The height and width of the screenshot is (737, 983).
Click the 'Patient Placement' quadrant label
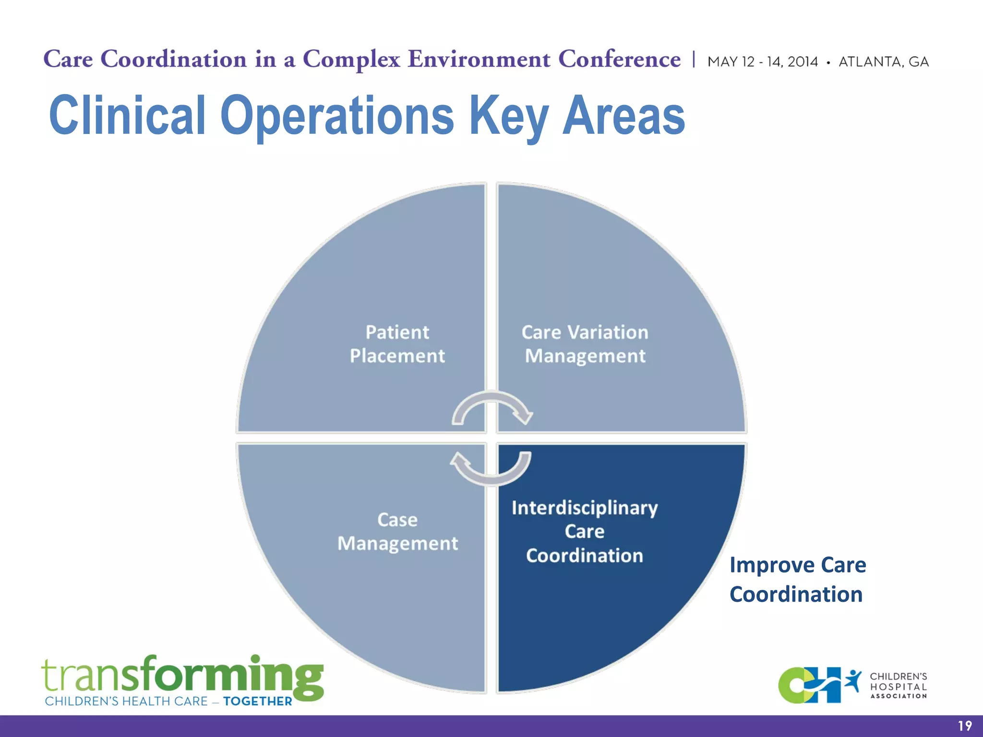[x=397, y=344]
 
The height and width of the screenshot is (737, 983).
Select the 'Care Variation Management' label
[x=585, y=344]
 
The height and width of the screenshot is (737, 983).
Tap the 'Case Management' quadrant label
[x=397, y=532]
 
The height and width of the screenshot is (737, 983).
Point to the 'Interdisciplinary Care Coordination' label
[x=585, y=532]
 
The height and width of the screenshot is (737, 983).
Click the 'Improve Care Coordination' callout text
[x=798, y=580]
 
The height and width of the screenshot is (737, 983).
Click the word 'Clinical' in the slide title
[x=128, y=115]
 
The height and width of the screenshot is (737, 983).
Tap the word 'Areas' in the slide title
[x=623, y=115]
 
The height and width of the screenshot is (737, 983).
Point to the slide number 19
[x=965, y=726]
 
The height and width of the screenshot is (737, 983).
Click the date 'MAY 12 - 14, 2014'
[x=763, y=62]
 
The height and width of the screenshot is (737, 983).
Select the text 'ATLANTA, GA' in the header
[x=884, y=62]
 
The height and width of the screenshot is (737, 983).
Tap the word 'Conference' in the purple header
[x=619, y=59]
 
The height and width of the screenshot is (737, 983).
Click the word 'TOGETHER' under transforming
[x=258, y=701]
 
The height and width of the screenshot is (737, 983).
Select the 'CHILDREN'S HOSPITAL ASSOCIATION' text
[x=899, y=686]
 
